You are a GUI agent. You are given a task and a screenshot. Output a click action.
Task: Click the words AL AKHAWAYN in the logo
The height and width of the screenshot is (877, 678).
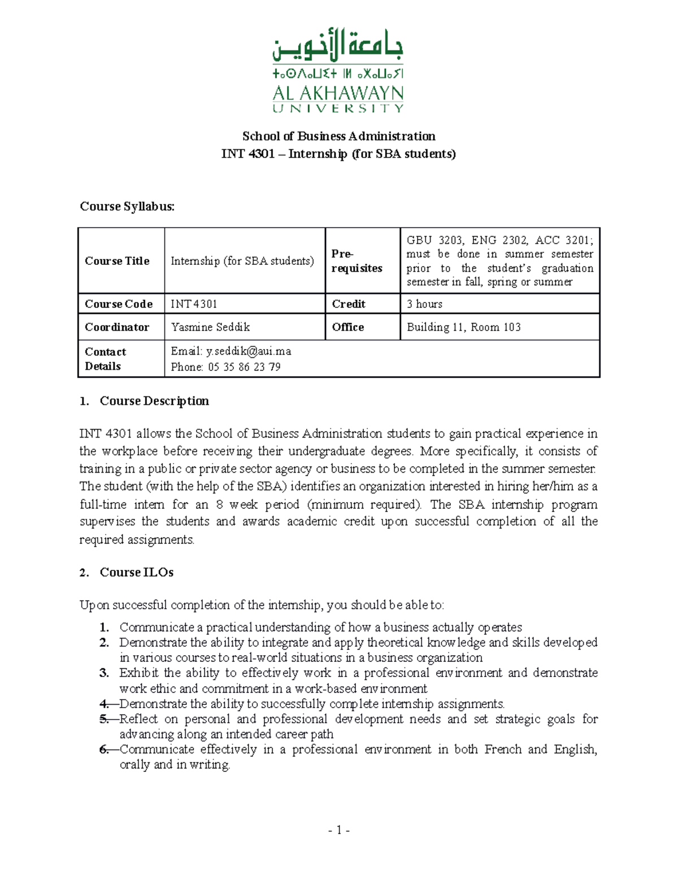(x=338, y=93)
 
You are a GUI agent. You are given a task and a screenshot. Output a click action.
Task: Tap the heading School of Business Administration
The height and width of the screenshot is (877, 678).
(x=338, y=136)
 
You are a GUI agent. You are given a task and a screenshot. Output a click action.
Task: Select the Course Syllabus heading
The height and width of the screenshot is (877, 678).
(x=127, y=207)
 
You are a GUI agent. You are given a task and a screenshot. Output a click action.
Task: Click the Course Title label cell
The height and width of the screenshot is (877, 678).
(x=117, y=261)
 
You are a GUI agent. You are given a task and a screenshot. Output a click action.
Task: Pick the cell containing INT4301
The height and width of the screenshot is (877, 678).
(x=194, y=304)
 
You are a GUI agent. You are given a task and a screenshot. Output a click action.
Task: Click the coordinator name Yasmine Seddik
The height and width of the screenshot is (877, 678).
(x=210, y=327)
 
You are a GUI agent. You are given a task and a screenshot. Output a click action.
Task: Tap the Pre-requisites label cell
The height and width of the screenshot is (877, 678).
(x=357, y=261)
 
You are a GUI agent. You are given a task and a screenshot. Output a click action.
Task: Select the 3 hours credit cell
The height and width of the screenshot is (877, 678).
(x=424, y=304)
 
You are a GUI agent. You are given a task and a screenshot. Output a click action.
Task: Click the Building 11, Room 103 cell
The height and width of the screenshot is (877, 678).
(x=463, y=327)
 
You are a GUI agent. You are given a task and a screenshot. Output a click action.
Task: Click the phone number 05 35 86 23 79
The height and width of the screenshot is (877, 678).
(x=244, y=367)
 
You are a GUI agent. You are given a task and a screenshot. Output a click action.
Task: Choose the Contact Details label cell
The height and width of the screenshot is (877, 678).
(x=105, y=359)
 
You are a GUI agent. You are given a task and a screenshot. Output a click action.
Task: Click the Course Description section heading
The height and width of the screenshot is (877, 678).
(x=154, y=401)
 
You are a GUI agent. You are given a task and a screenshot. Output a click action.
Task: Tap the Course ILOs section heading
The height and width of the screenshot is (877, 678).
(x=136, y=573)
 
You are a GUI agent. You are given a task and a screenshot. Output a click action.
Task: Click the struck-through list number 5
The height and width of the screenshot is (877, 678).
(x=103, y=719)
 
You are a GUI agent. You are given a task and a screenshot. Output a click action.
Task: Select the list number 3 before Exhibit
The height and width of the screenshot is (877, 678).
(x=104, y=673)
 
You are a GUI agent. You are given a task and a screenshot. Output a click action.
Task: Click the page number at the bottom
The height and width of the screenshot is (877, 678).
(x=338, y=830)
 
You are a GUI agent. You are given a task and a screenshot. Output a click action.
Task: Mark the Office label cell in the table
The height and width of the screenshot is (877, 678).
(x=348, y=327)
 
